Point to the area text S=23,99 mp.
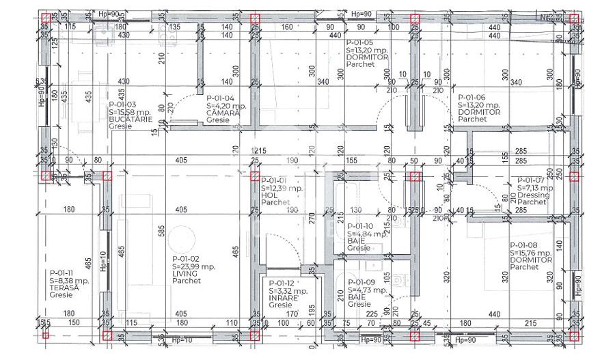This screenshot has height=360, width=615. pos(194,266)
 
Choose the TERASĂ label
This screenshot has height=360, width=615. pos(64,288)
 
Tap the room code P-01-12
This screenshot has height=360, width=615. pos(282,283)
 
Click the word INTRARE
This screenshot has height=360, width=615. pos(283,298)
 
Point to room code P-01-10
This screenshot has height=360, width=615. pos(360,226)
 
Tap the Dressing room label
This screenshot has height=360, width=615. pos(533,195)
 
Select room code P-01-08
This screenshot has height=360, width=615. pos(523,245)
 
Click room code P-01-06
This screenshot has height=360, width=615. pos(471,97)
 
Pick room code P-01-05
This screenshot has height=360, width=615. pos(359,42)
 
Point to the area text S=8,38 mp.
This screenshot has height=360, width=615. pos(69,280)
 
